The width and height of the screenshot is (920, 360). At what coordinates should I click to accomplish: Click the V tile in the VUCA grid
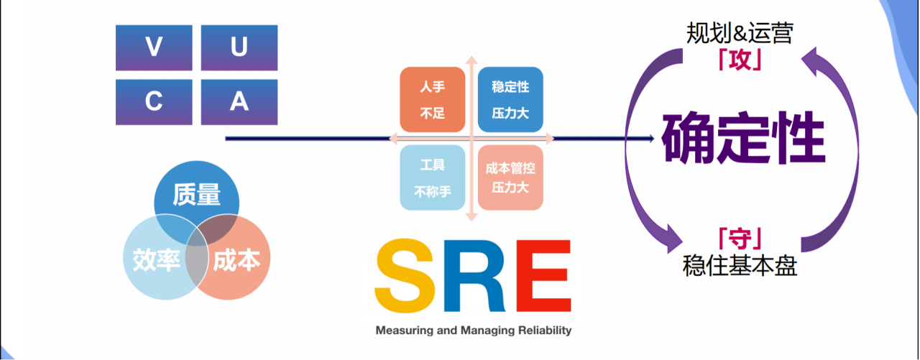pyautogui.click(x=154, y=48)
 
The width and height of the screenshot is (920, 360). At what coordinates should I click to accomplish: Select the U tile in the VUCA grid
pyautogui.click(x=239, y=48)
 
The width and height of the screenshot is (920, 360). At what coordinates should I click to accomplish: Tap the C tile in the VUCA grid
pyautogui.click(x=154, y=102)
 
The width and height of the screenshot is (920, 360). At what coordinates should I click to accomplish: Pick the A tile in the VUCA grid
pyautogui.click(x=239, y=102)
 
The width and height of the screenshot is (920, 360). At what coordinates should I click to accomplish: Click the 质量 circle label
pyautogui.click(x=196, y=195)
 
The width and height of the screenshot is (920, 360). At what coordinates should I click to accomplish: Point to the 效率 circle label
pyautogui.click(x=156, y=259)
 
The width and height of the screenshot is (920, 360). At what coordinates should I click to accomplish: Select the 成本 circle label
pyautogui.click(x=236, y=259)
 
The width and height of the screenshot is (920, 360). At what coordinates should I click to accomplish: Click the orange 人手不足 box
pyautogui.click(x=432, y=100)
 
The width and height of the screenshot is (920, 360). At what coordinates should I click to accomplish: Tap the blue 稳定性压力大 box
pyautogui.click(x=510, y=100)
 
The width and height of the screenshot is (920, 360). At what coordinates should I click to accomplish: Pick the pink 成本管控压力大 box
pyautogui.click(x=510, y=177)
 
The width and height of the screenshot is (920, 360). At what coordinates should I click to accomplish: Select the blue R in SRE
pyautogui.click(x=473, y=277)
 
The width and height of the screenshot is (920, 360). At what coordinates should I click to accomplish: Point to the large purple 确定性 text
pyautogui.click(x=743, y=139)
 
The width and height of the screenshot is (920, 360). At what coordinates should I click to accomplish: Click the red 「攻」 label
pyautogui.click(x=740, y=60)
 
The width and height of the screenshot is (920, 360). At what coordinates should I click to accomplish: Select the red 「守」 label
pyautogui.click(x=740, y=238)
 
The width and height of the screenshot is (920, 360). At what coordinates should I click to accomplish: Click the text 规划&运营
pyautogui.click(x=740, y=34)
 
